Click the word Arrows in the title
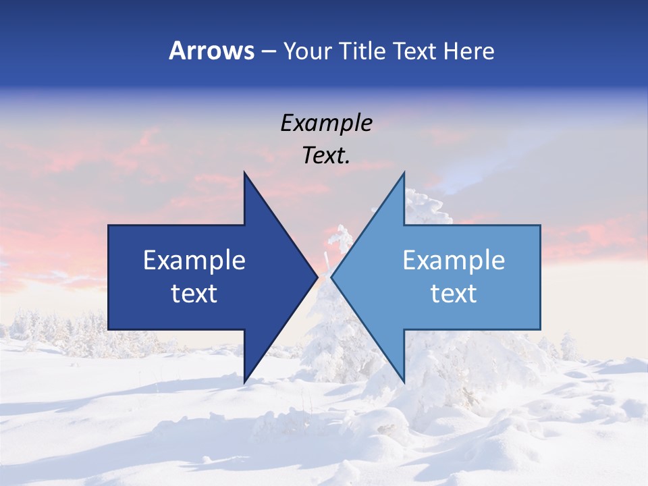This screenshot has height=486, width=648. coord(211,51)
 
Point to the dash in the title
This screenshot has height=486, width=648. coord(268,52)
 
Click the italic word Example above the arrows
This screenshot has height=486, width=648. coord(326,123)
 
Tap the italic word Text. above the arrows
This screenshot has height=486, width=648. coord(326,155)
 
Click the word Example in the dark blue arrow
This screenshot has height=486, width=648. coord(194,261)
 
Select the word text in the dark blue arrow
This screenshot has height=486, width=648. coord(194,294)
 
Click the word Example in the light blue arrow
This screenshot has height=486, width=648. coord(454,261)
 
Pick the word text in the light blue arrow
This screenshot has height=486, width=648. coord(454,294)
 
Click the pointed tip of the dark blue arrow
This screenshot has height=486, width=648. coord(317,277)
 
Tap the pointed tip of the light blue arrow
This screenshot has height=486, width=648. coord(331,277)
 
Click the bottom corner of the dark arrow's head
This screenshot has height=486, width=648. coord(244,382)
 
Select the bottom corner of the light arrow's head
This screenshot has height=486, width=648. coord(404,382)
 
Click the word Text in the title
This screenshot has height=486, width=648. coord(415,51)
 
